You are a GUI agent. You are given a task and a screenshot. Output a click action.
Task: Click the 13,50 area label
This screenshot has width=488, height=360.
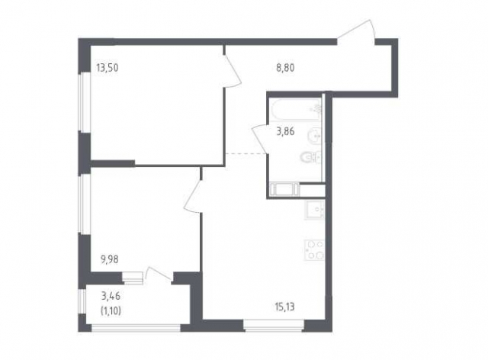pyautogui.click(x=108, y=68)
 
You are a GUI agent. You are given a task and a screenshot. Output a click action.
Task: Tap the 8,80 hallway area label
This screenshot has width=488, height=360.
pyautogui.click(x=285, y=68)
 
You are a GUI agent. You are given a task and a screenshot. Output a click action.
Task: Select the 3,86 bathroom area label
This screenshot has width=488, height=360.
pyautogui.click(x=285, y=132)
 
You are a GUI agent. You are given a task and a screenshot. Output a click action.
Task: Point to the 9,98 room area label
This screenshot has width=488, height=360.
pyautogui.click(x=109, y=259)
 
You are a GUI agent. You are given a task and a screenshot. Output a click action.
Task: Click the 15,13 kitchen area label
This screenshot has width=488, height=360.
pyautogui.click(x=284, y=307)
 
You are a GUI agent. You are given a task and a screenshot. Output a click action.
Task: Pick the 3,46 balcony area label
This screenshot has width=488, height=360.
pyautogui.click(x=111, y=296)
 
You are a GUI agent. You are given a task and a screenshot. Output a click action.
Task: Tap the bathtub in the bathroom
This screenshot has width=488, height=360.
pyautogui.click(x=296, y=109)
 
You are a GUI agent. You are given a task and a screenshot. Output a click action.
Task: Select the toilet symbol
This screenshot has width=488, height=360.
pyautogui.click(x=311, y=157)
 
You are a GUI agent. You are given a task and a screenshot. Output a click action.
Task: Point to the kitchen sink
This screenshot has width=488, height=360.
pyautogui.click(x=315, y=211)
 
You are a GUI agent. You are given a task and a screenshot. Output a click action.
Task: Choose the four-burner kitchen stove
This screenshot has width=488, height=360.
pyautogui.click(x=315, y=250)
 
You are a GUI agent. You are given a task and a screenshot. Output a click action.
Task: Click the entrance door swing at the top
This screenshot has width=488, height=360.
pyautogui.click(x=357, y=31)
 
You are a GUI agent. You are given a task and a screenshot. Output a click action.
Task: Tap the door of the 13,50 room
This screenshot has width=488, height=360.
pyautogui.click(x=233, y=70)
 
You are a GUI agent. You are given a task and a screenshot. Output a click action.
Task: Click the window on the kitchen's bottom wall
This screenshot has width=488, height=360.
pyautogui.click(x=274, y=324)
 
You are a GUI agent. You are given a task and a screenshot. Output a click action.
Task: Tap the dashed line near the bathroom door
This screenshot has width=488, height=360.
pyautogui.click(x=246, y=153)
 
